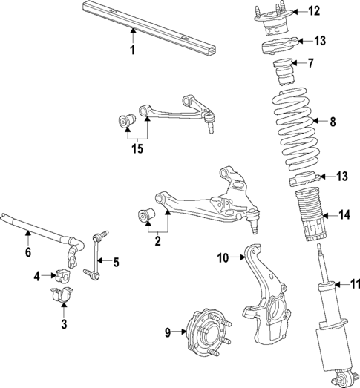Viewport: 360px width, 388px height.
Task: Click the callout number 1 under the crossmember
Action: (x=132, y=50)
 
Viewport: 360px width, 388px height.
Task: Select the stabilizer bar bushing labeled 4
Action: (x=61, y=277)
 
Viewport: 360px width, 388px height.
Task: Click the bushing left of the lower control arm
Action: (x=145, y=215)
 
